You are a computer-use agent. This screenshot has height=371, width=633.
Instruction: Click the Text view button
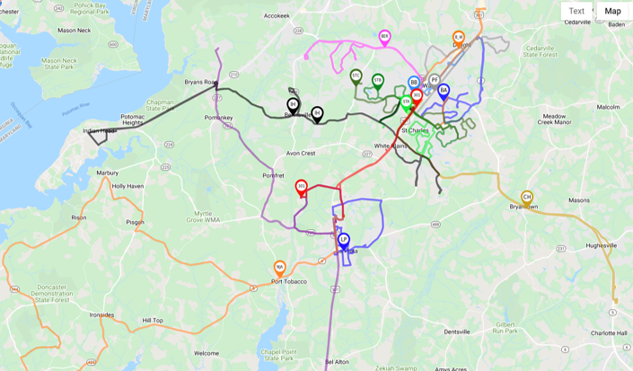pos(576,12)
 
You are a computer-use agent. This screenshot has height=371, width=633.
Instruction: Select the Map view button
pos(612,12)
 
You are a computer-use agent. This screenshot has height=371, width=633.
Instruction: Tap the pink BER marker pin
pos(385,38)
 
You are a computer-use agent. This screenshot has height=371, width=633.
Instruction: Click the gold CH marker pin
pos(527,198)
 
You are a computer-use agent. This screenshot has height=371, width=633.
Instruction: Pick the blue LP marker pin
pos(344,240)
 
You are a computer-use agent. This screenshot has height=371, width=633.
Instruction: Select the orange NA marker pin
pos(280,268)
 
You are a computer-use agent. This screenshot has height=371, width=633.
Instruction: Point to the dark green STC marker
pos(356,76)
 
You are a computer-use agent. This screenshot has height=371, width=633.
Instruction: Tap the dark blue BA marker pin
pos(444,91)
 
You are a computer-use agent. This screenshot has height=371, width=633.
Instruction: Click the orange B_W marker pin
pos(458,38)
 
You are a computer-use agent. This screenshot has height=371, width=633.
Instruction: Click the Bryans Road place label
pos(201,82)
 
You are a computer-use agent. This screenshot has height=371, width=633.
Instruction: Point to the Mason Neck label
pos(74,30)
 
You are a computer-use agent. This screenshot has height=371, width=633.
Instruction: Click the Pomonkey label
pos(219,118)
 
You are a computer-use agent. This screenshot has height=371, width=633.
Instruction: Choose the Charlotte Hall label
pos(610,332)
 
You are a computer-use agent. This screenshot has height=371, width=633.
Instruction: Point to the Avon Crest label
pos(301,154)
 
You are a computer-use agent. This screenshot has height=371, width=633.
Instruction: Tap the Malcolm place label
pos(608,107)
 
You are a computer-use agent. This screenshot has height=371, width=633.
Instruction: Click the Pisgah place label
pos(135,222)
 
